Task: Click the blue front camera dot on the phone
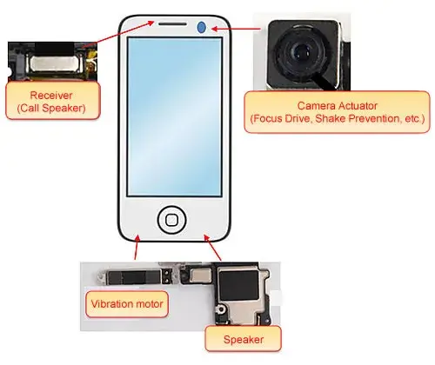click(x=201, y=28)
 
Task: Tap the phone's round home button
click(x=171, y=220)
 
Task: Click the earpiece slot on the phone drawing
click(x=172, y=23)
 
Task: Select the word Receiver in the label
click(x=51, y=96)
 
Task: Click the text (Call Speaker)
click(x=51, y=108)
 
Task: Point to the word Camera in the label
click(x=316, y=106)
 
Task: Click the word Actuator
click(x=358, y=106)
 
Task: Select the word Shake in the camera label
click(x=331, y=118)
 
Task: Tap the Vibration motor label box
click(x=127, y=304)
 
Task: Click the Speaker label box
click(x=244, y=339)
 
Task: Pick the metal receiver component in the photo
click(x=57, y=64)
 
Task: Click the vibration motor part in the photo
click(x=133, y=277)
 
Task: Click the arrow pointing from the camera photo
click(x=236, y=29)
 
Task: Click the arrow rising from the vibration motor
click(x=137, y=247)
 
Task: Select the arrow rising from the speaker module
click(x=212, y=248)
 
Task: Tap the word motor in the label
click(x=150, y=304)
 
